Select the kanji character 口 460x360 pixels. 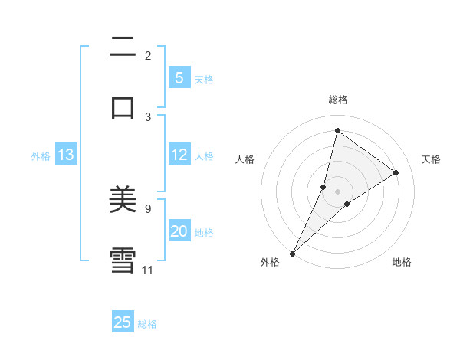123,106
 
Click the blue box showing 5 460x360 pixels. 179,78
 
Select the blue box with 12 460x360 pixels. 179,155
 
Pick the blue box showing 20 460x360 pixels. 179,231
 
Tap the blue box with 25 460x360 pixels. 123,322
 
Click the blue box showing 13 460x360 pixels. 65,155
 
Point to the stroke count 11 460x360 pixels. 147,270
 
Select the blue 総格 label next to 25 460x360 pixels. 147,324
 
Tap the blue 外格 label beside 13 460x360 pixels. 41,155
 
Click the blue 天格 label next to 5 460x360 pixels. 204,79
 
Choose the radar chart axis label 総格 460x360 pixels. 337,100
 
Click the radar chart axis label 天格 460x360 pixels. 431,159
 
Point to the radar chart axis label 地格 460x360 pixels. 402,262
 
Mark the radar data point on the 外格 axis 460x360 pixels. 292,253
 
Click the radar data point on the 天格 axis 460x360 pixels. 396,172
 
